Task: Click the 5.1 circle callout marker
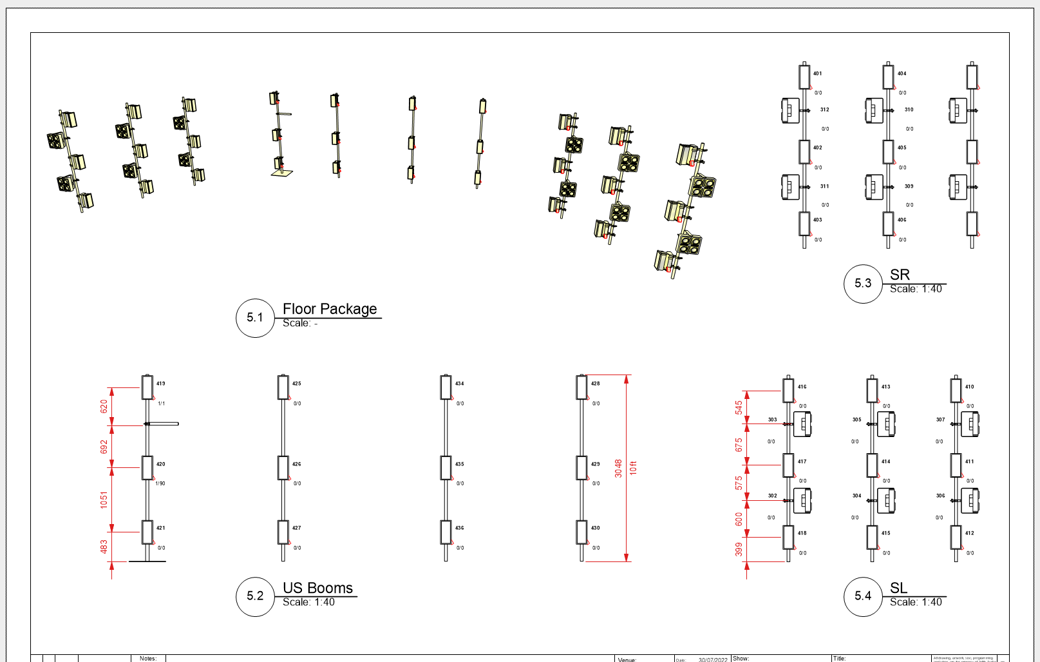pyautogui.click(x=255, y=318)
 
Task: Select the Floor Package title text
pyautogui.click(x=330, y=309)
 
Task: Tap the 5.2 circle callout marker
pyautogui.click(x=255, y=596)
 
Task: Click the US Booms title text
pyautogui.click(x=318, y=588)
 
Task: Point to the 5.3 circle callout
pyautogui.click(x=863, y=283)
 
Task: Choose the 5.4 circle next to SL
pyautogui.click(x=863, y=596)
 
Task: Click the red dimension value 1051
pyautogui.click(x=104, y=500)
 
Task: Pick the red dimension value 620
pyautogui.click(x=104, y=406)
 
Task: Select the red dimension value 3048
pyautogui.click(x=618, y=468)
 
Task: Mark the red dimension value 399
pyautogui.click(x=739, y=549)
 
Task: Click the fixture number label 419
pyautogui.click(x=161, y=384)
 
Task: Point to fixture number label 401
pyautogui.click(x=817, y=73)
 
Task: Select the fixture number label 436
pyautogui.click(x=460, y=528)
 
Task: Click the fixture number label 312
pyautogui.click(x=825, y=110)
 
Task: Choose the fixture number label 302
pyautogui.click(x=773, y=496)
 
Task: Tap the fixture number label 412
pyautogui.click(x=970, y=533)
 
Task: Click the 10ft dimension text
pyautogui.click(x=633, y=468)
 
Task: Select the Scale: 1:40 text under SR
pyautogui.click(x=916, y=289)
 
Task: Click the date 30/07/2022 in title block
pyautogui.click(x=713, y=659)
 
